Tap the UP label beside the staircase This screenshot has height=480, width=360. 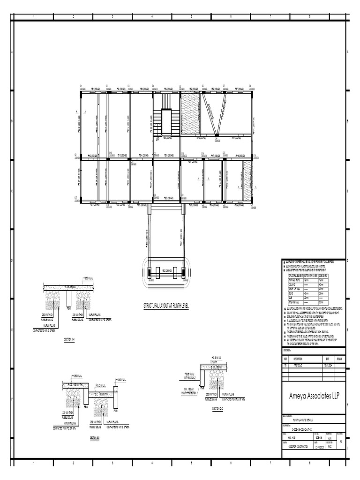158,139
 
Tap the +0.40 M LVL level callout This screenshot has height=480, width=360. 120,379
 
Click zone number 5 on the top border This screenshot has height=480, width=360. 191,17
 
